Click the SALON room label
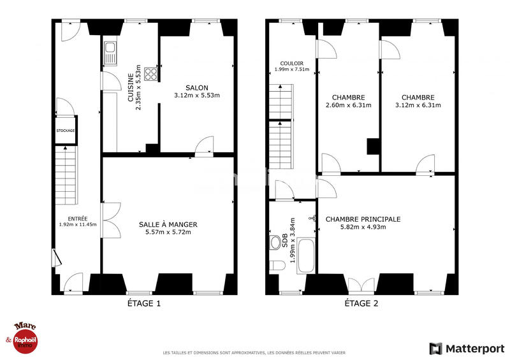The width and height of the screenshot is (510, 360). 196,87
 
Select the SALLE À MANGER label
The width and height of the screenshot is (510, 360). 168,224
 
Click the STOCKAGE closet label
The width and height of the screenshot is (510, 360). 65,131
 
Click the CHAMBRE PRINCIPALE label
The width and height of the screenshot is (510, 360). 363,219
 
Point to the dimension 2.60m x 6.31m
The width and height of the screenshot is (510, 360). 348,105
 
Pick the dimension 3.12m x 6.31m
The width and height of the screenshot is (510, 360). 418,105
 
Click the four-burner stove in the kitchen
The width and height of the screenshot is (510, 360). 151,74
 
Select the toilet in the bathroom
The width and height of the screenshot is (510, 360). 276,265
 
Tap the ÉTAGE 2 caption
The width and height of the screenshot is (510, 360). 361,304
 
